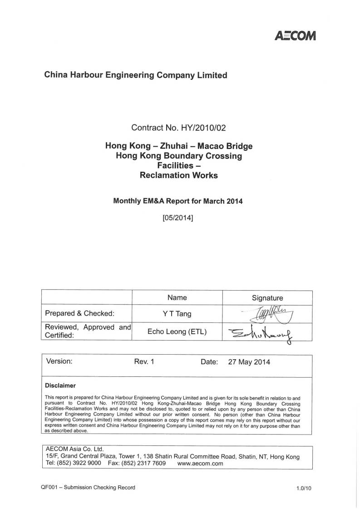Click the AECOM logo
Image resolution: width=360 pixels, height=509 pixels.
coord(295,36)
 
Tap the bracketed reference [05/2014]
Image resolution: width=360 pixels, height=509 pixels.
coord(178,217)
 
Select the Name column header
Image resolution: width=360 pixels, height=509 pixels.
coord(177,298)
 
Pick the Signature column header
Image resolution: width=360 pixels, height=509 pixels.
coord(267,298)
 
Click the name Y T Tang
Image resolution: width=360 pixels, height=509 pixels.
coord(177,313)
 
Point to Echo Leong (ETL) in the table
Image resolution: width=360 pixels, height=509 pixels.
coord(177,332)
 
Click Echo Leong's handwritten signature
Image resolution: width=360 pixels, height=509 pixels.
coord(263,334)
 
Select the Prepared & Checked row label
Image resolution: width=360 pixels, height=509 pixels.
coord(79,313)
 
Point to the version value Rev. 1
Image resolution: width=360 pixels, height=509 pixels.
coord(144,362)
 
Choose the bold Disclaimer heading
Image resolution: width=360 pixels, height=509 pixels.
coord(60,385)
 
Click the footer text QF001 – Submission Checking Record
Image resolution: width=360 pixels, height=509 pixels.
coord(88,488)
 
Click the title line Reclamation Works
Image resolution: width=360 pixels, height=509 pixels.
coord(179,175)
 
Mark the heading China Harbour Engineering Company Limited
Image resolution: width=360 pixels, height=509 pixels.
coord(135,75)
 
